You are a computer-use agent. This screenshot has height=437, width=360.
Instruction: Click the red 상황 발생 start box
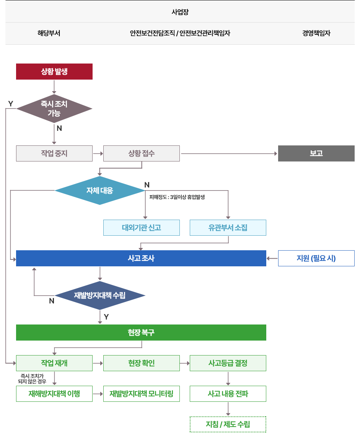click(54, 72)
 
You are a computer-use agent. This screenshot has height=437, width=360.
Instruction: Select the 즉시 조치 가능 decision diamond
click(54, 109)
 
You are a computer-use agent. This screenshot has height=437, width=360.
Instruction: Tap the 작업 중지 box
click(54, 153)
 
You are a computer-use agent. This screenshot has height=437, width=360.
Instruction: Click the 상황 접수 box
click(142, 153)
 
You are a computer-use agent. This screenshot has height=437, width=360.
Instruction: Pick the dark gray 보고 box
click(316, 153)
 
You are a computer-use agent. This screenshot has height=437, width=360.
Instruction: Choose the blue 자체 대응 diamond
click(100, 191)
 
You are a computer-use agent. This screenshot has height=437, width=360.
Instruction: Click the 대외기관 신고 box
click(142, 228)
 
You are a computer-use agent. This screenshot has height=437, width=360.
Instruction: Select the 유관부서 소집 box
click(228, 228)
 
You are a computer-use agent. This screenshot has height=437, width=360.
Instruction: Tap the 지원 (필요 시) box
click(316, 258)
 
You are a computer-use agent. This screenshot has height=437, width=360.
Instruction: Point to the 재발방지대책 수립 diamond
click(100, 295)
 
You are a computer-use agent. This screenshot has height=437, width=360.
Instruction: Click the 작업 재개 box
click(54, 363)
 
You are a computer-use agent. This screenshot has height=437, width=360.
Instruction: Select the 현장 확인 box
click(142, 363)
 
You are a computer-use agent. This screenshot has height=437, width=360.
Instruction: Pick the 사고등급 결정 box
click(228, 363)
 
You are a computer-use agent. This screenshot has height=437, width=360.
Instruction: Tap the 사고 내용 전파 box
click(228, 394)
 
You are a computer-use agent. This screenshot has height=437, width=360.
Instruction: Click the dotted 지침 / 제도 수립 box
click(228, 424)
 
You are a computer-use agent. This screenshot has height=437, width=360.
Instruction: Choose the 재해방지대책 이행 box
click(54, 394)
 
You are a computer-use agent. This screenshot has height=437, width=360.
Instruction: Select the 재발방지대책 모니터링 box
click(142, 394)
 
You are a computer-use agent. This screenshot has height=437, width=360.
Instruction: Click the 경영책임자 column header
click(316, 33)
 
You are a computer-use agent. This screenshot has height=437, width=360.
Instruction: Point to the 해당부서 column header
click(49, 33)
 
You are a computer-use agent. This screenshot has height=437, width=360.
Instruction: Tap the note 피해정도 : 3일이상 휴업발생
click(177, 197)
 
